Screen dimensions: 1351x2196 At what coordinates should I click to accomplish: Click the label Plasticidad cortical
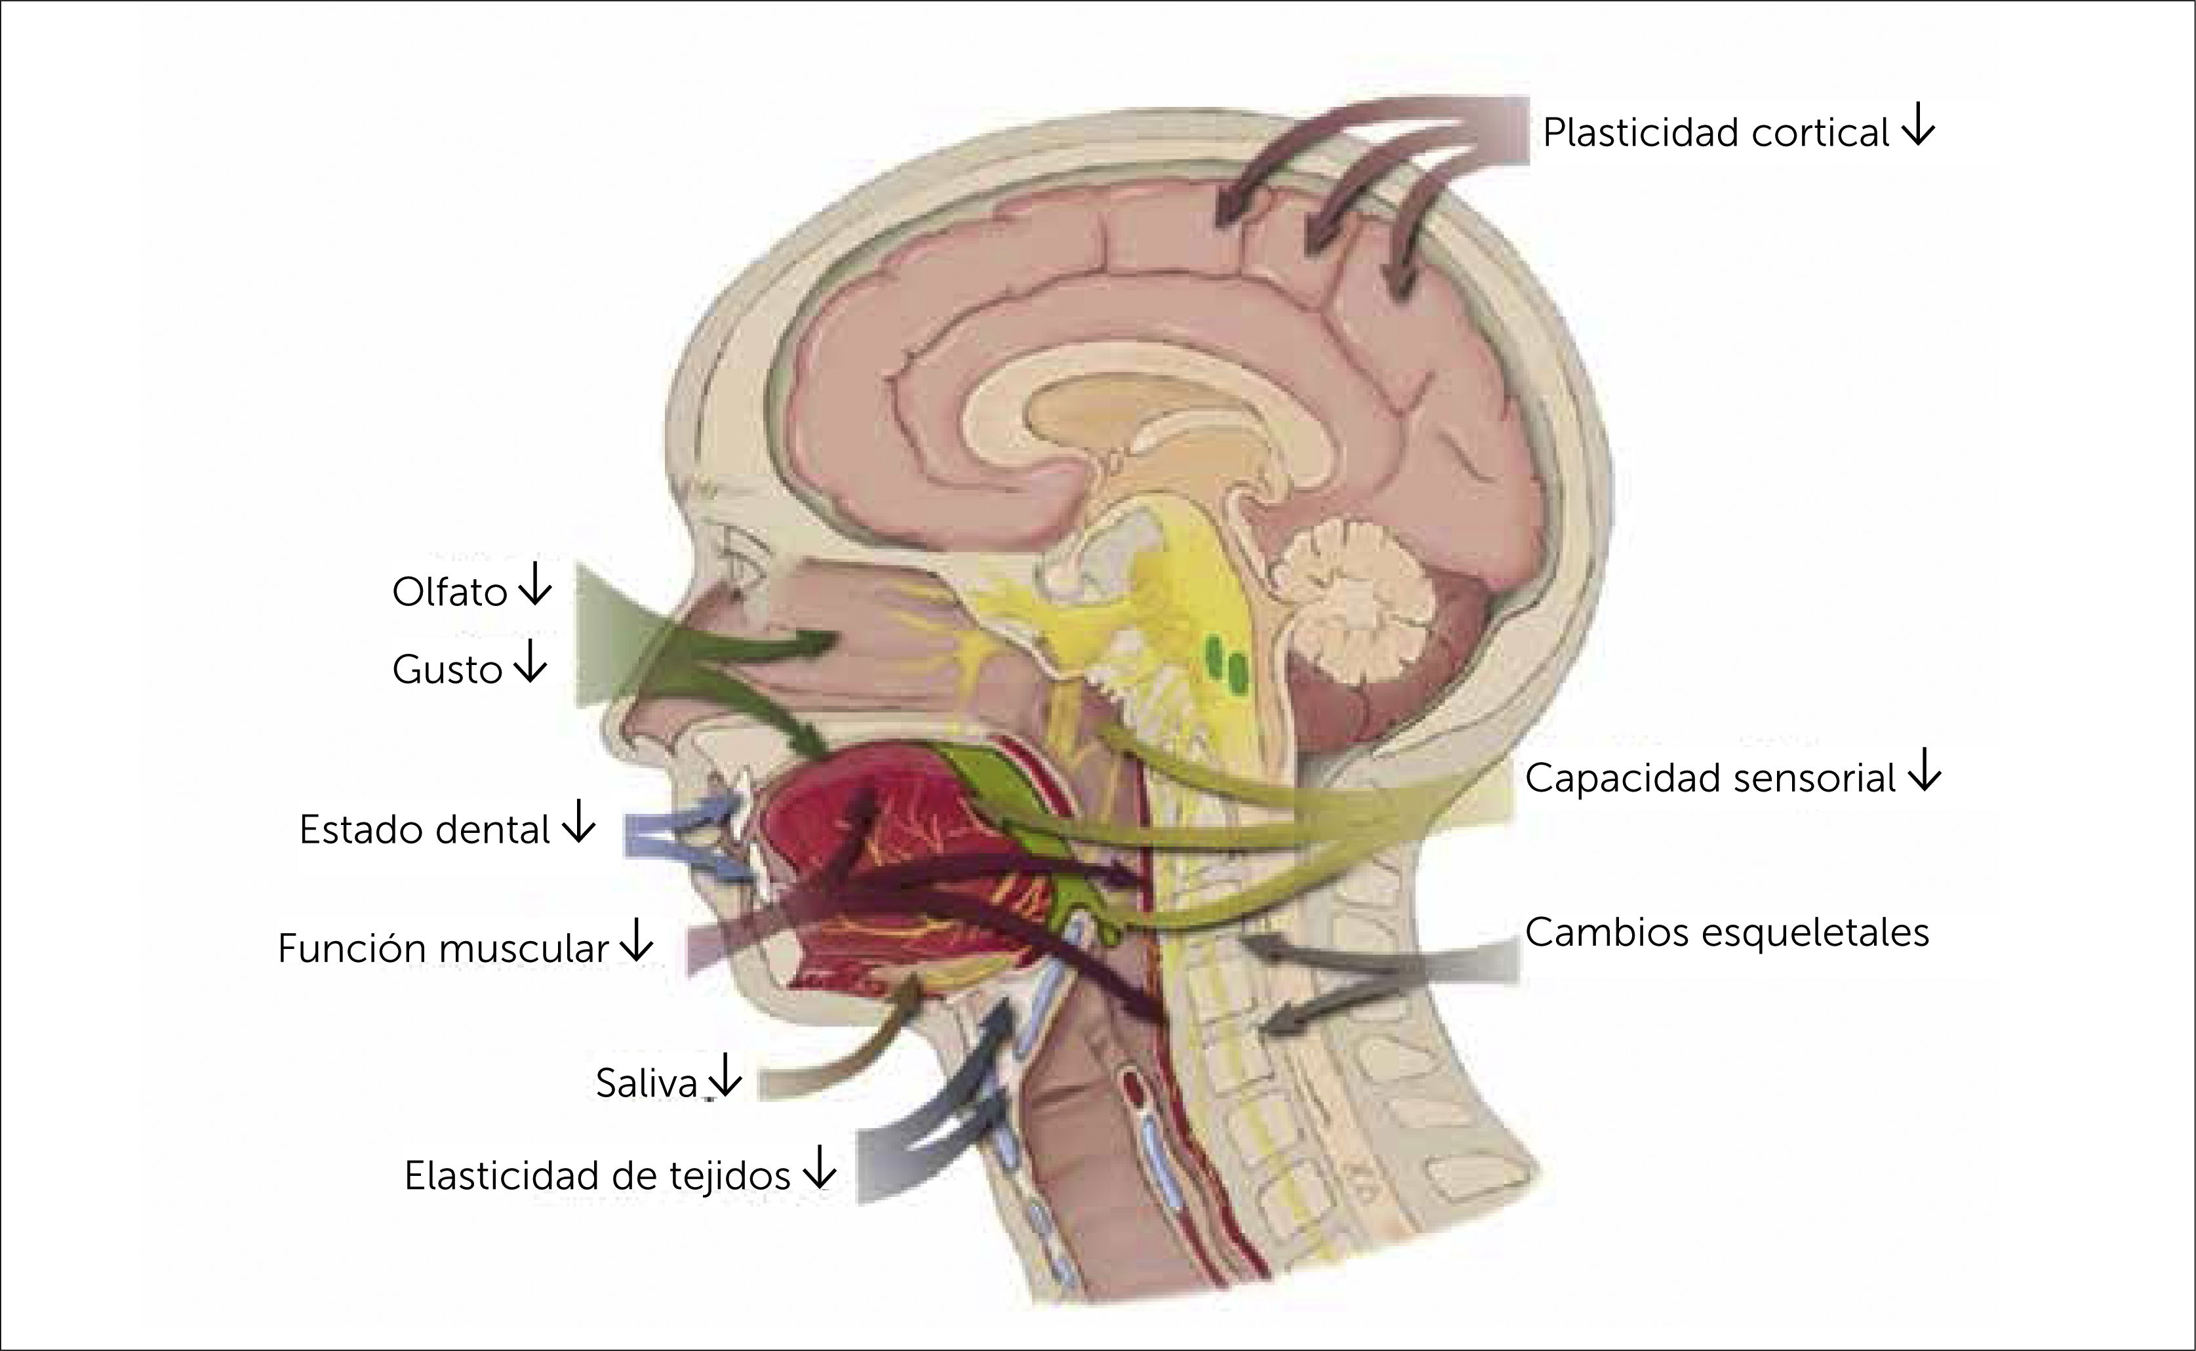point(1715,133)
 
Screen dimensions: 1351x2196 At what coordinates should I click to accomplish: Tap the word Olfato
point(449,592)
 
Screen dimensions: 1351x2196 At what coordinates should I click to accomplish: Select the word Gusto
point(447,669)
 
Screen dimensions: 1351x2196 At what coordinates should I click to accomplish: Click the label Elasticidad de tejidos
point(597,1176)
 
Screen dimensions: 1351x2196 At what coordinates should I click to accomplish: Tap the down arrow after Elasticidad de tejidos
point(818,1171)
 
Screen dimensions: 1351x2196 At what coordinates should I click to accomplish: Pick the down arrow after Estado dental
point(578,824)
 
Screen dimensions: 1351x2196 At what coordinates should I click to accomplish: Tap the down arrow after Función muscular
point(636,942)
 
